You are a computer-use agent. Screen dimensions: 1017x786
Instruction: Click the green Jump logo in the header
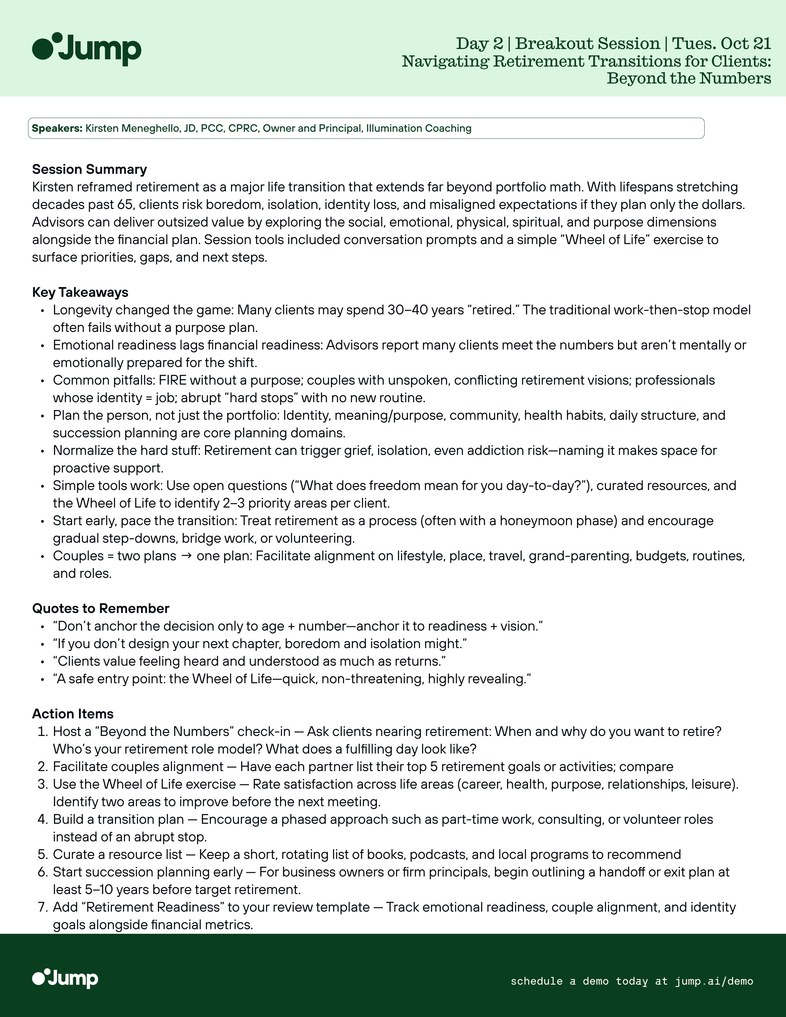pyautogui.click(x=87, y=49)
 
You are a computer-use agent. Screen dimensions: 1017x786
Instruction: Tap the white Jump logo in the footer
pyautogui.click(x=65, y=978)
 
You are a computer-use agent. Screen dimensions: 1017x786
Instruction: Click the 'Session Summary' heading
pyautogui.click(x=89, y=169)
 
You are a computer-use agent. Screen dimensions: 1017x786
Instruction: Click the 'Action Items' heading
pyautogui.click(x=73, y=714)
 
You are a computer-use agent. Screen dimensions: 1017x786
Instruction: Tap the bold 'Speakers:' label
pyautogui.click(x=57, y=128)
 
